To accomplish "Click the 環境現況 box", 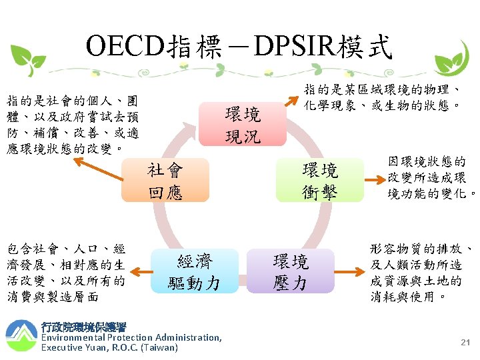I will [243, 125].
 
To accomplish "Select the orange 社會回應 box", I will [165, 181].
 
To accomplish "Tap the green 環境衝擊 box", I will [319, 181].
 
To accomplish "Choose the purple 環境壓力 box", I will [290, 271].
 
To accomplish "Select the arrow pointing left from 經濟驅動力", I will [140, 271].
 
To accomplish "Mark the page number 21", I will [465, 342].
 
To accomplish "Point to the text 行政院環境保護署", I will [83, 327].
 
